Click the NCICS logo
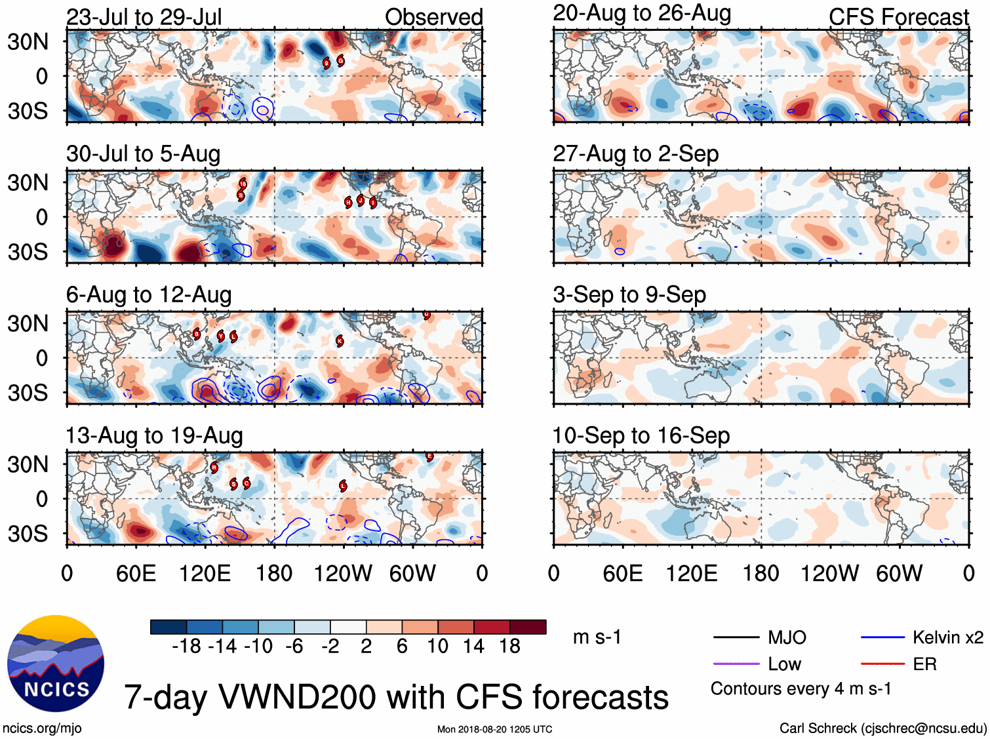point(56,663)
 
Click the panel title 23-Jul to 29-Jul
point(144,17)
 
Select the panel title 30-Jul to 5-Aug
point(143,154)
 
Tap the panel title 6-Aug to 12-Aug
point(149,295)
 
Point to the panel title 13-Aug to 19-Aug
point(154,436)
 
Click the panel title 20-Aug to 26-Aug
point(642,13)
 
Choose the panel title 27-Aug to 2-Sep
point(636,154)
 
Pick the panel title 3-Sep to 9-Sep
point(629,295)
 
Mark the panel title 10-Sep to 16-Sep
point(641,436)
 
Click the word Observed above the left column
point(433,17)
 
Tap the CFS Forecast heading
point(898,17)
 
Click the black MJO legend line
point(736,637)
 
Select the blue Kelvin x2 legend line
point(882,637)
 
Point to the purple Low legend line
point(736,664)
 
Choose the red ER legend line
point(882,664)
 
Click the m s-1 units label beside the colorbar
point(597,637)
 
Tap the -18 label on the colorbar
point(187,647)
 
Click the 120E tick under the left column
point(205,574)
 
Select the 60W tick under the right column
point(899,574)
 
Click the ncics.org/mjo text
point(42,729)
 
